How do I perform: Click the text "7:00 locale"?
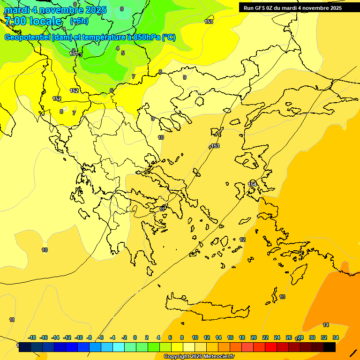[x=33, y=21]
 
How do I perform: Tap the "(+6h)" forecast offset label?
[x=79, y=21]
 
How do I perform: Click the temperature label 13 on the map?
[x=282, y=297]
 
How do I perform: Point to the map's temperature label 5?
[x=123, y=53]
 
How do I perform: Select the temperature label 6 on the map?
[x=112, y=90]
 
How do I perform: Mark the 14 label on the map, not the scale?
[x=326, y=325]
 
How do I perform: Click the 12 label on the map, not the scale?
[x=242, y=240]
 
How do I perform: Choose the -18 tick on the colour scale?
[x=32, y=337]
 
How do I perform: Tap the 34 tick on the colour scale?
[x=336, y=337]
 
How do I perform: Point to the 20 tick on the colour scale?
[x=254, y=337]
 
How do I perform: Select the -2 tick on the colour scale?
[x=124, y=337]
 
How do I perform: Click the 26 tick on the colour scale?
[x=289, y=337]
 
